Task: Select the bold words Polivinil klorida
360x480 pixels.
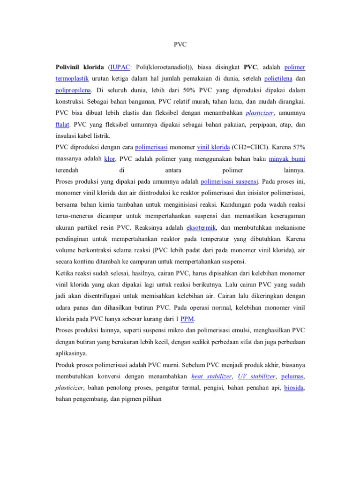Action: (x=80, y=67)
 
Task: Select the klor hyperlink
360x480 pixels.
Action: (x=109, y=158)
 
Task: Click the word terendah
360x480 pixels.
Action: (x=67, y=170)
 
